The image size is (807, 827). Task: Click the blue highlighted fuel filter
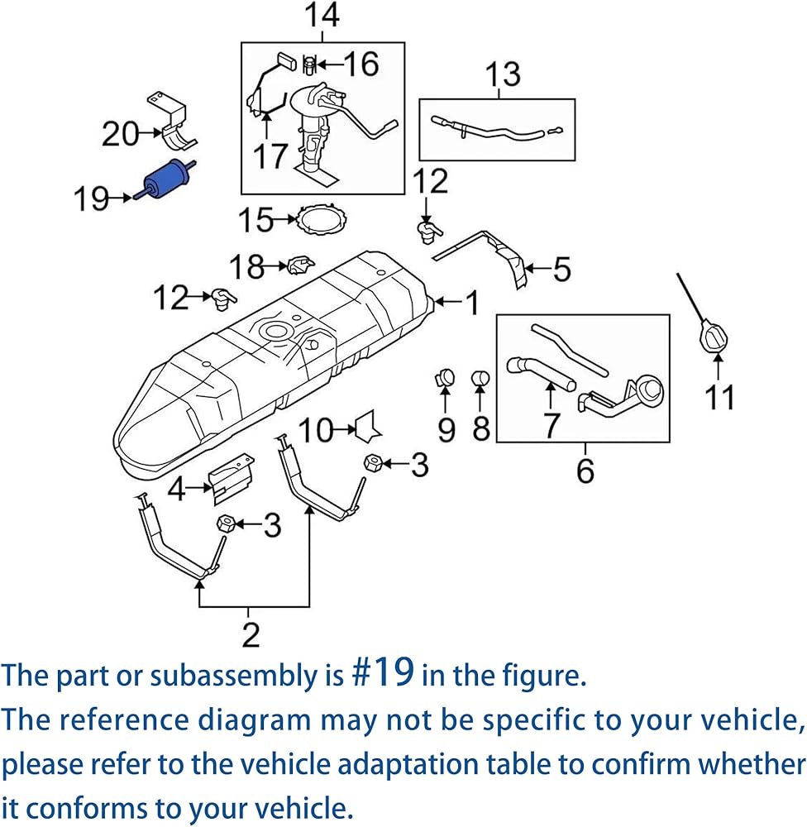coord(165,179)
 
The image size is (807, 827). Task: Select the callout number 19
coord(91,198)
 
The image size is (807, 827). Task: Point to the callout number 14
coord(322,15)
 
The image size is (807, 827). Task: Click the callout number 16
coord(361,64)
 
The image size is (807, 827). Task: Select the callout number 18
coord(247,266)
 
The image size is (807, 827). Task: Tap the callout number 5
coord(561,269)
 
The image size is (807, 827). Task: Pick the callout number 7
coord(552,425)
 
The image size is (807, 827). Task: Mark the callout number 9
coord(446,429)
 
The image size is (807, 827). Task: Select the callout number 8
coord(481,428)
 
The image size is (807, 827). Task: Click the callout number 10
coord(316,430)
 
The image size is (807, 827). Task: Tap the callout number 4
coord(177,489)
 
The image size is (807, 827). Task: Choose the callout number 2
coord(251,634)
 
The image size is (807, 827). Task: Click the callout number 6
coord(585,471)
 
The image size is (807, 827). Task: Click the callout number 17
coord(270,156)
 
